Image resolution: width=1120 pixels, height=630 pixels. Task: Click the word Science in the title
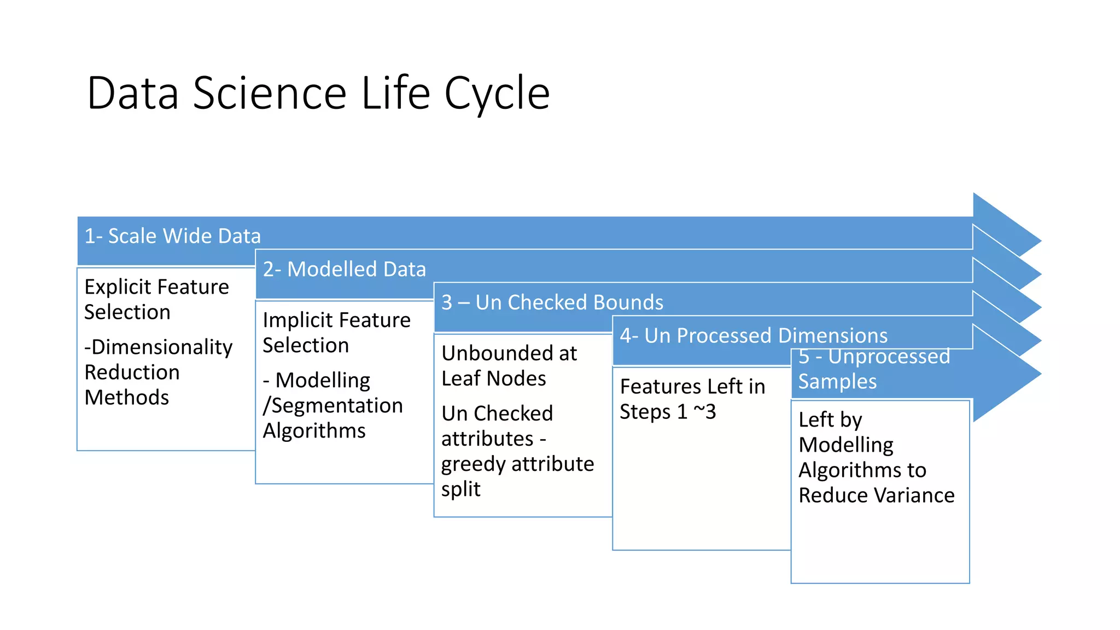click(270, 93)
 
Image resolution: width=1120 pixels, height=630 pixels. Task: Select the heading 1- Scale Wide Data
click(173, 236)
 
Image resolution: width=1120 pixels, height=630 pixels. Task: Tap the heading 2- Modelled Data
click(344, 270)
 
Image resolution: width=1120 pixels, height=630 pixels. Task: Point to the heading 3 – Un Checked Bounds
click(552, 302)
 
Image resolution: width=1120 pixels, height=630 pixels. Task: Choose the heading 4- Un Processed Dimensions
click(753, 335)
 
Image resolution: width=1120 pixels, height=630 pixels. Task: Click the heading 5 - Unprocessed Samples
click(874, 369)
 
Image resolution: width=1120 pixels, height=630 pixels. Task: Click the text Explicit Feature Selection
click(156, 299)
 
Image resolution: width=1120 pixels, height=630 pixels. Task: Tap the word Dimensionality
click(159, 347)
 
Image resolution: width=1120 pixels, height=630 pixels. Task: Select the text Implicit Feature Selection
click(336, 332)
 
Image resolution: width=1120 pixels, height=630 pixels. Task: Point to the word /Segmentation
click(332, 406)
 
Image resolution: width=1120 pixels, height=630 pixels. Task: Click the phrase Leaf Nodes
click(493, 378)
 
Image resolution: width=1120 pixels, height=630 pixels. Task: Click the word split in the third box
click(460, 489)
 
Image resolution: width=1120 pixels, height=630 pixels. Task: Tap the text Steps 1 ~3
click(667, 412)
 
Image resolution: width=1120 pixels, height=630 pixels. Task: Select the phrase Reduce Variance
click(876, 495)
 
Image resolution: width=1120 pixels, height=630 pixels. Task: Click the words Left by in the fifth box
click(830, 420)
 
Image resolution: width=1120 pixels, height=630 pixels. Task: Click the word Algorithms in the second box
click(314, 431)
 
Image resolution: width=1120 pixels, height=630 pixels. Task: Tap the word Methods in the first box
click(127, 398)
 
